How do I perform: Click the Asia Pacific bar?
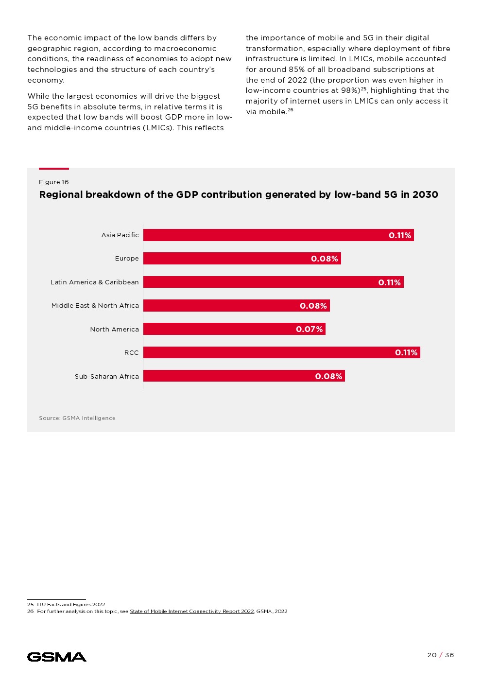point(278,235)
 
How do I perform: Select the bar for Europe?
point(241,259)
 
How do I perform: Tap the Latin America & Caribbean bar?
point(273,282)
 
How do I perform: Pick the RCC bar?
point(281,352)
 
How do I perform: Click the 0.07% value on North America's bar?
point(310,330)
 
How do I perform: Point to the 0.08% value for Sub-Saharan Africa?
point(329,376)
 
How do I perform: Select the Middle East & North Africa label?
point(95,306)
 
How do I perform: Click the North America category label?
point(114,330)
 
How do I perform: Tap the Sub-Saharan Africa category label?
point(107,377)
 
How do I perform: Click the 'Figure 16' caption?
point(54,182)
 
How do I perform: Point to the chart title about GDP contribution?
point(239,195)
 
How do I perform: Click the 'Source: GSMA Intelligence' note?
point(77,418)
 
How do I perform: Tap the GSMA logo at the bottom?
point(57,657)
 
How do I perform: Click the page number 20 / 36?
point(441,655)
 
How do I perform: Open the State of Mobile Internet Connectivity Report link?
point(191,612)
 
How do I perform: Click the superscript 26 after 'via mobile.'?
point(291,110)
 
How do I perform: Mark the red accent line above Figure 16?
point(54,169)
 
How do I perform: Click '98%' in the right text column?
point(349,90)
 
